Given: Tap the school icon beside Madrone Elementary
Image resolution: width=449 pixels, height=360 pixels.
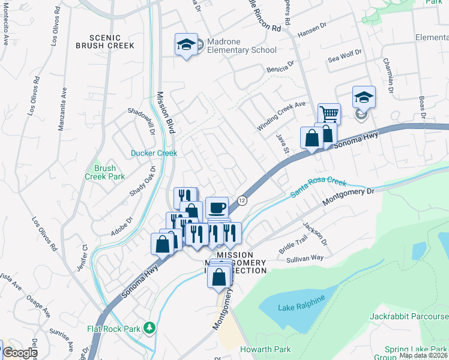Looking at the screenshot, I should pyautogui.click(x=186, y=44).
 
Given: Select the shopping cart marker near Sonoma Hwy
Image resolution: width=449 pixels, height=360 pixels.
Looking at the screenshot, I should pyautogui.click(x=329, y=113).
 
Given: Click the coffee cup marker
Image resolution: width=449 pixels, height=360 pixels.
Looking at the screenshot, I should pyautogui.click(x=217, y=208).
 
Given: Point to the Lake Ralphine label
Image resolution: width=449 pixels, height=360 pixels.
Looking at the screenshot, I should pyautogui.click(x=301, y=307).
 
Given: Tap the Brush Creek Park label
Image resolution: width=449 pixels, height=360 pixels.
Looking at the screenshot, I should pyautogui.click(x=104, y=172).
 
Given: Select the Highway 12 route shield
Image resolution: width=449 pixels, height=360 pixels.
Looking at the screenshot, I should pyautogui.click(x=241, y=201).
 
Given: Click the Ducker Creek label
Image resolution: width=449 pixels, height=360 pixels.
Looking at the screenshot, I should pyautogui.click(x=154, y=153).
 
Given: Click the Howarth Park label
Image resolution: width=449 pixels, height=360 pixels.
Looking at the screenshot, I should pyautogui.click(x=265, y=349).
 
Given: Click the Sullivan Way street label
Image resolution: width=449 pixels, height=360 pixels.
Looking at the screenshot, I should pyautogui.click(x=304, y=257).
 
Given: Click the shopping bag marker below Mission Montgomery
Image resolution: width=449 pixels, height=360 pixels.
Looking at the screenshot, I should pyautogui.click(x=219, y=277).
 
